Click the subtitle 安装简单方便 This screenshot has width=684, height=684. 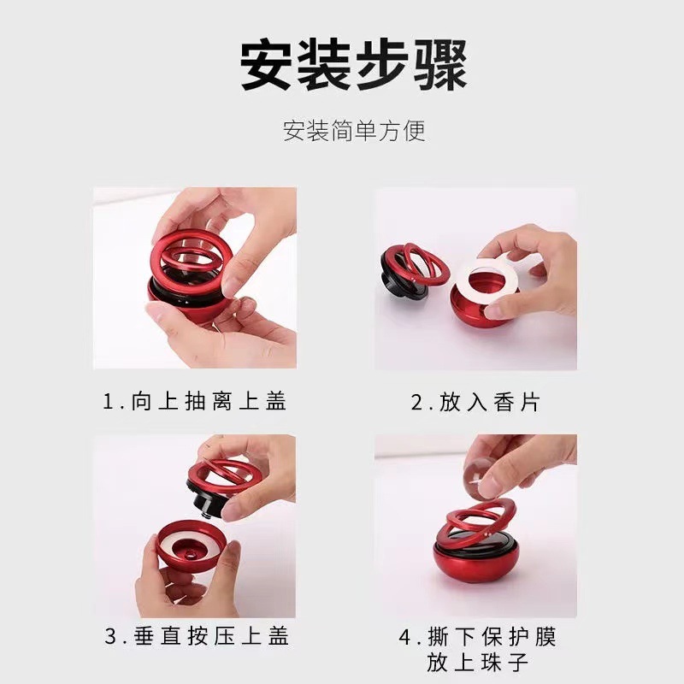point(353,131)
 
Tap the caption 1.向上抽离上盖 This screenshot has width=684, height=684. point(195,401)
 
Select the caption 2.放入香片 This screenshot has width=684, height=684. point(475,401)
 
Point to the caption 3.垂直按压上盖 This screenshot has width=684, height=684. point(197,636)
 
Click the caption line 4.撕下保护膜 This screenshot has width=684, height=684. point(477,637)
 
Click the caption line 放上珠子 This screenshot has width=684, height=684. point(477,663)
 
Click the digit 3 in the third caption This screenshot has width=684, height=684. point(111,637)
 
